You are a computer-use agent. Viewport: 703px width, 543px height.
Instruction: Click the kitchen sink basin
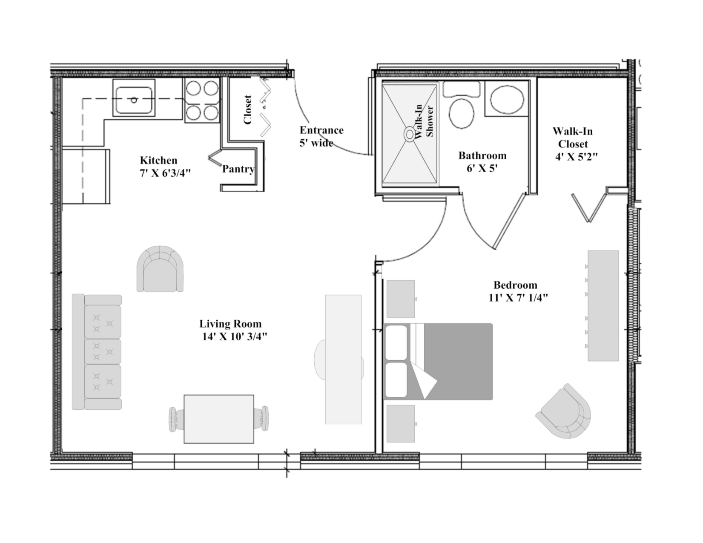click(134, 100)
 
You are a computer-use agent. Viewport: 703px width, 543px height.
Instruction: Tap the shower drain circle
click(409, 134)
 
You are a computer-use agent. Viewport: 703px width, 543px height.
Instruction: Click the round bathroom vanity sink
click(507, 99)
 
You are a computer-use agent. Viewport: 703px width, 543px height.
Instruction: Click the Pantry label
click(238, 169)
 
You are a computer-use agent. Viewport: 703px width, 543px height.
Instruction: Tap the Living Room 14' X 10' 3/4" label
click(232, 330)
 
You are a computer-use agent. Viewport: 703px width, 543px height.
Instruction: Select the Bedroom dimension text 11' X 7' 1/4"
click(518, 298)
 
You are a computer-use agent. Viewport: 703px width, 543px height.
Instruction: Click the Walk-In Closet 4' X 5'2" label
click(574, 144)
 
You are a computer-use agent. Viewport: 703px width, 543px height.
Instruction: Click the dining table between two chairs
click(219, 419)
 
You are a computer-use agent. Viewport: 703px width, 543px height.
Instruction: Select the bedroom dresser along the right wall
click(603, 305)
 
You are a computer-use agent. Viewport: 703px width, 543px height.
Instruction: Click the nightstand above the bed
click(400, 299)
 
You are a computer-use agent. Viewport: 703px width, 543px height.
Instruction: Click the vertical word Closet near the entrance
click(247, 110)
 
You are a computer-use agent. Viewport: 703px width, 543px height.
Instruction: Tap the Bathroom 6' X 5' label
click(482, 161)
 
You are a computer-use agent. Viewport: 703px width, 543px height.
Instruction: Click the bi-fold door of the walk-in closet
click(588, 208)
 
